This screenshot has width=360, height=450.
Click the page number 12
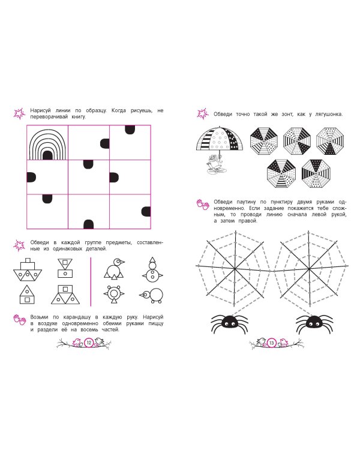coord(89,343)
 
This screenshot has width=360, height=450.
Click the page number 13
coord(271,343)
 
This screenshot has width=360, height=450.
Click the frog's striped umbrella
coord(220,139)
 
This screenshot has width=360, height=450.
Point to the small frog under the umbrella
coord(216,166)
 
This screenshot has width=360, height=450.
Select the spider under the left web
coord(229,323)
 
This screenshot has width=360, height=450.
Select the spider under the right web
coord(314,323)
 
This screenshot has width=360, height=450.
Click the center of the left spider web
coord(235,269)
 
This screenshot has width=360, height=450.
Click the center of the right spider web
coord(309,269)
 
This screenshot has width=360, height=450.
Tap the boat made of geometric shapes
coord(28,269)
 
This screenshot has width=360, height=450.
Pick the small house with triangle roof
coord(27,295)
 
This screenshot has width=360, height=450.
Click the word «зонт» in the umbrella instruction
coord(287,114)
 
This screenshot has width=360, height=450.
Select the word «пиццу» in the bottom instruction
coord(156,323)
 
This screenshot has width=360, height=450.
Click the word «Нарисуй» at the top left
coord(40,110)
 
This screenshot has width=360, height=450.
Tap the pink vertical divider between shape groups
coord(91,281)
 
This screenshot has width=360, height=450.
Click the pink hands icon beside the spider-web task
coord(203,205)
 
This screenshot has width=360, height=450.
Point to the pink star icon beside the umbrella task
coord(203,113)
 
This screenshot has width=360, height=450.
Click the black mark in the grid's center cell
coord(88,164)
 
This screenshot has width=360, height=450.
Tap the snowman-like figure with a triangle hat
coord(152,270)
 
